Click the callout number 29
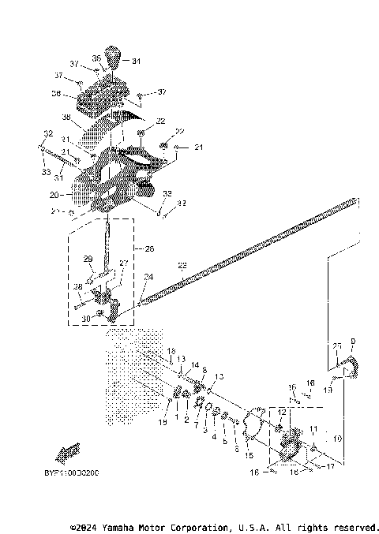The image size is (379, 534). (88, 259)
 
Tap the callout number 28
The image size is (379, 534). (77, 286)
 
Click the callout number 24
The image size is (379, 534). (148, 276)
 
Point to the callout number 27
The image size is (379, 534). (122, 263)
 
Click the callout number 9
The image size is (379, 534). (352, 341)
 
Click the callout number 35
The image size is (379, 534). (96, 58)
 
